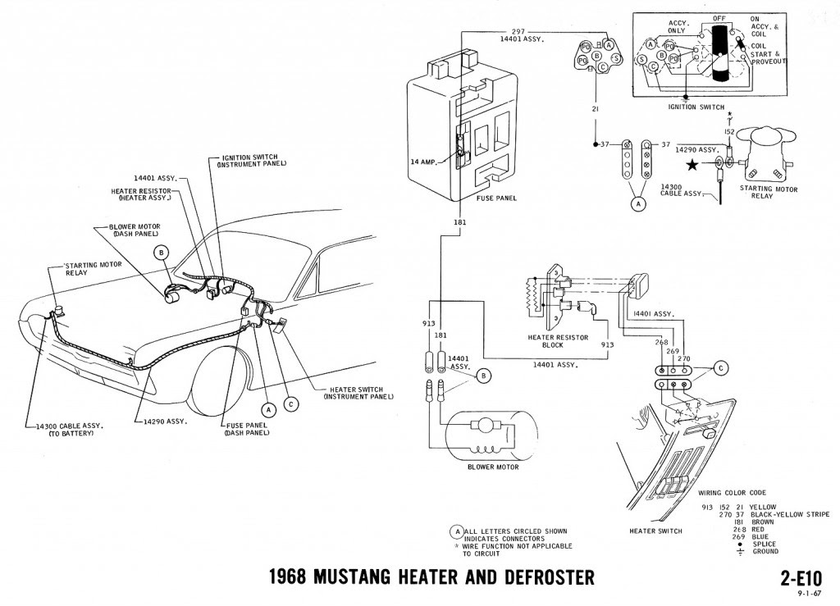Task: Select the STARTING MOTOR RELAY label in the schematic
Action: point(767,193)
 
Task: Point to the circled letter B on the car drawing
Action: point(162,253)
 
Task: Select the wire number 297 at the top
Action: point(518,31)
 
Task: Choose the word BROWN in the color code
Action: point(761,522)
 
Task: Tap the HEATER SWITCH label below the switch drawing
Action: point(655,531)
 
